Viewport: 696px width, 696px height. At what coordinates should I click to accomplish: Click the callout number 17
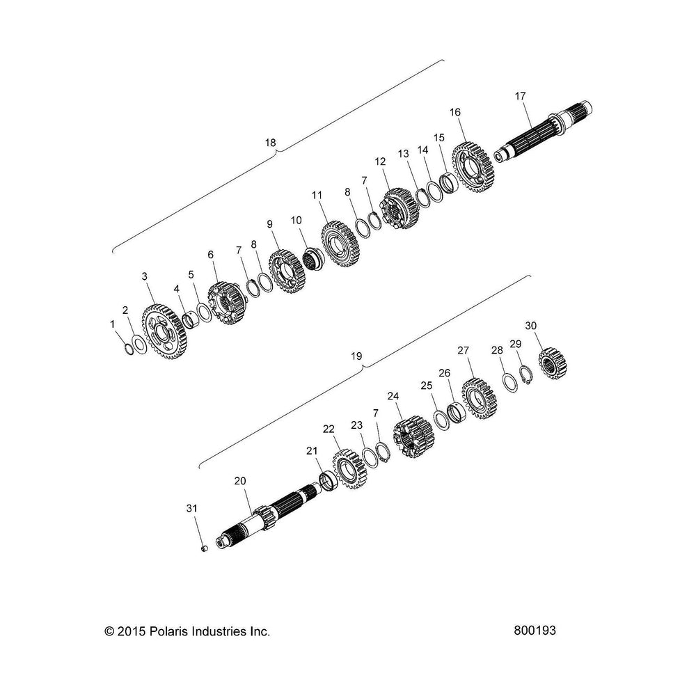tap(520, 96)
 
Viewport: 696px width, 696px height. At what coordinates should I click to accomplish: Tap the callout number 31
tap(191, 508)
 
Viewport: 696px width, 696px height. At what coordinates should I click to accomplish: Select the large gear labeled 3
tap(165, 331)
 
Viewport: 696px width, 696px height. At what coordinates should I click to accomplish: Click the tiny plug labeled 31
tap(205, 549)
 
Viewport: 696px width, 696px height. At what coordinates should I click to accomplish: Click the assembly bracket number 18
tap(270, 143)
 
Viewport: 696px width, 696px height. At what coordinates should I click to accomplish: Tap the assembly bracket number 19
tap(356, 356)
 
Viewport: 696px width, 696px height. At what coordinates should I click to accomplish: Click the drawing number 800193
tap(535, 631)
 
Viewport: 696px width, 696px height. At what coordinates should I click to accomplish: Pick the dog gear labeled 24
tap(413, 437)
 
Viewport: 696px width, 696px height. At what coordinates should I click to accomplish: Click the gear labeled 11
tap(341, 244)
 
